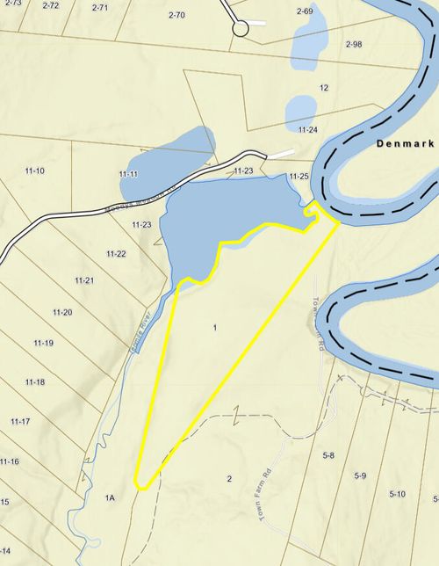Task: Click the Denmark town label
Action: (406, 142)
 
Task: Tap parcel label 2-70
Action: (176, 15)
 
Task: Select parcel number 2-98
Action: (354, 44)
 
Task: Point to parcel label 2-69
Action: (305, 11)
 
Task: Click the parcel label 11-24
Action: (307, 130)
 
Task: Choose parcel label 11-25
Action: (299, 177)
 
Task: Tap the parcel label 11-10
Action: (34, 170)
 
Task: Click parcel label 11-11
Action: (128, 174)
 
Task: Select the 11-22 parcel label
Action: (116, 254)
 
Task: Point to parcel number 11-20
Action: (62, 312)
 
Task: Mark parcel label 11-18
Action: (35, 381)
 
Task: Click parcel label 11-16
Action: (10, 461)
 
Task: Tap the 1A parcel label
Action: (110, 498)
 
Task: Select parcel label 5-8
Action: (329, 455)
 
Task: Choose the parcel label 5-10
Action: (397, 494)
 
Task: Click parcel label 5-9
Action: (360, 475)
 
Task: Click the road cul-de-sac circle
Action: (241, 29)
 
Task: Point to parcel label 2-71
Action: (100, 7)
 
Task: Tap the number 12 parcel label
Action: (324, 88)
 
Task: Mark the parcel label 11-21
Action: (84, 280)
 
